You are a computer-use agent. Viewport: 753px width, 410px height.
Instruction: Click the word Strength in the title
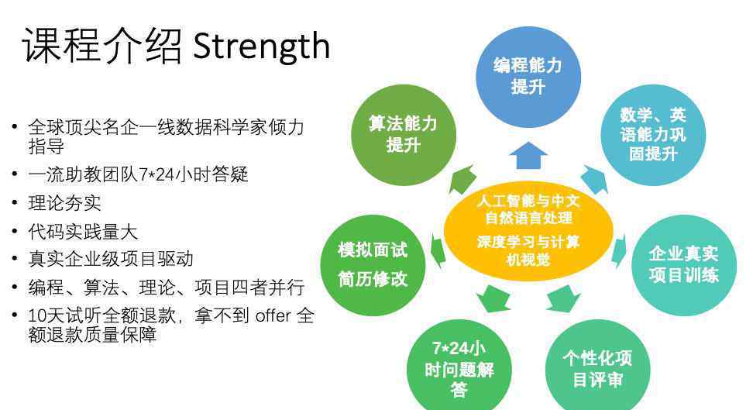coord(261,47)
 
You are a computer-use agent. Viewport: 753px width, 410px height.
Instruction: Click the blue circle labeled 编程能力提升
coord(528,77)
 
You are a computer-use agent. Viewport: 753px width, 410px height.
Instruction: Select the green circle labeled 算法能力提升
coord(404,135)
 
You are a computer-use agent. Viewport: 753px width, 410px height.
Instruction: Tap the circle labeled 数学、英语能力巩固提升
coord(653,135)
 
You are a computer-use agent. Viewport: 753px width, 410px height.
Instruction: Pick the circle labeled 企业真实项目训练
coord(684,265)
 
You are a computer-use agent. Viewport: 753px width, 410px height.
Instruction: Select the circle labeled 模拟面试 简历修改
coord(373,265)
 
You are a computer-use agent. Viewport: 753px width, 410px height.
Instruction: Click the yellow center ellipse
coord(528,231)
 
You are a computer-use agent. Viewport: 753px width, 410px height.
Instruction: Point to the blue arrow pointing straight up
coord(528,155)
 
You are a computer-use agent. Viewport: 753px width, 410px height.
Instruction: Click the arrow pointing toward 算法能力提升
coord(462,179)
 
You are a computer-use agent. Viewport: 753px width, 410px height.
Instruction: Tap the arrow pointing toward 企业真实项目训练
coord(620,250)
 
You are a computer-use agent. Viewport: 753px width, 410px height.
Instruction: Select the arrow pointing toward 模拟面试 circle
coord(438,250)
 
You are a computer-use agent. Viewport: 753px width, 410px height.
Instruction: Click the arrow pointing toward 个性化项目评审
coord(563,298)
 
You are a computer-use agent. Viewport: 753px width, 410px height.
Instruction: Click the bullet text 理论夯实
coord(64,203)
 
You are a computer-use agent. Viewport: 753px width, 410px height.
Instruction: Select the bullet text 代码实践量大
coord(83,232)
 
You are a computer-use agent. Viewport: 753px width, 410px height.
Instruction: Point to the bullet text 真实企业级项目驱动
coord(111,259)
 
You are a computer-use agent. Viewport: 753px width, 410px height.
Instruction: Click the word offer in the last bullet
coord(273,315)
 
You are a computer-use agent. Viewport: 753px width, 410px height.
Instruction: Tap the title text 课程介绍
coord(102,47)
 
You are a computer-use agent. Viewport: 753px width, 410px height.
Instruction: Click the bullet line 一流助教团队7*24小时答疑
coord(138,174)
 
